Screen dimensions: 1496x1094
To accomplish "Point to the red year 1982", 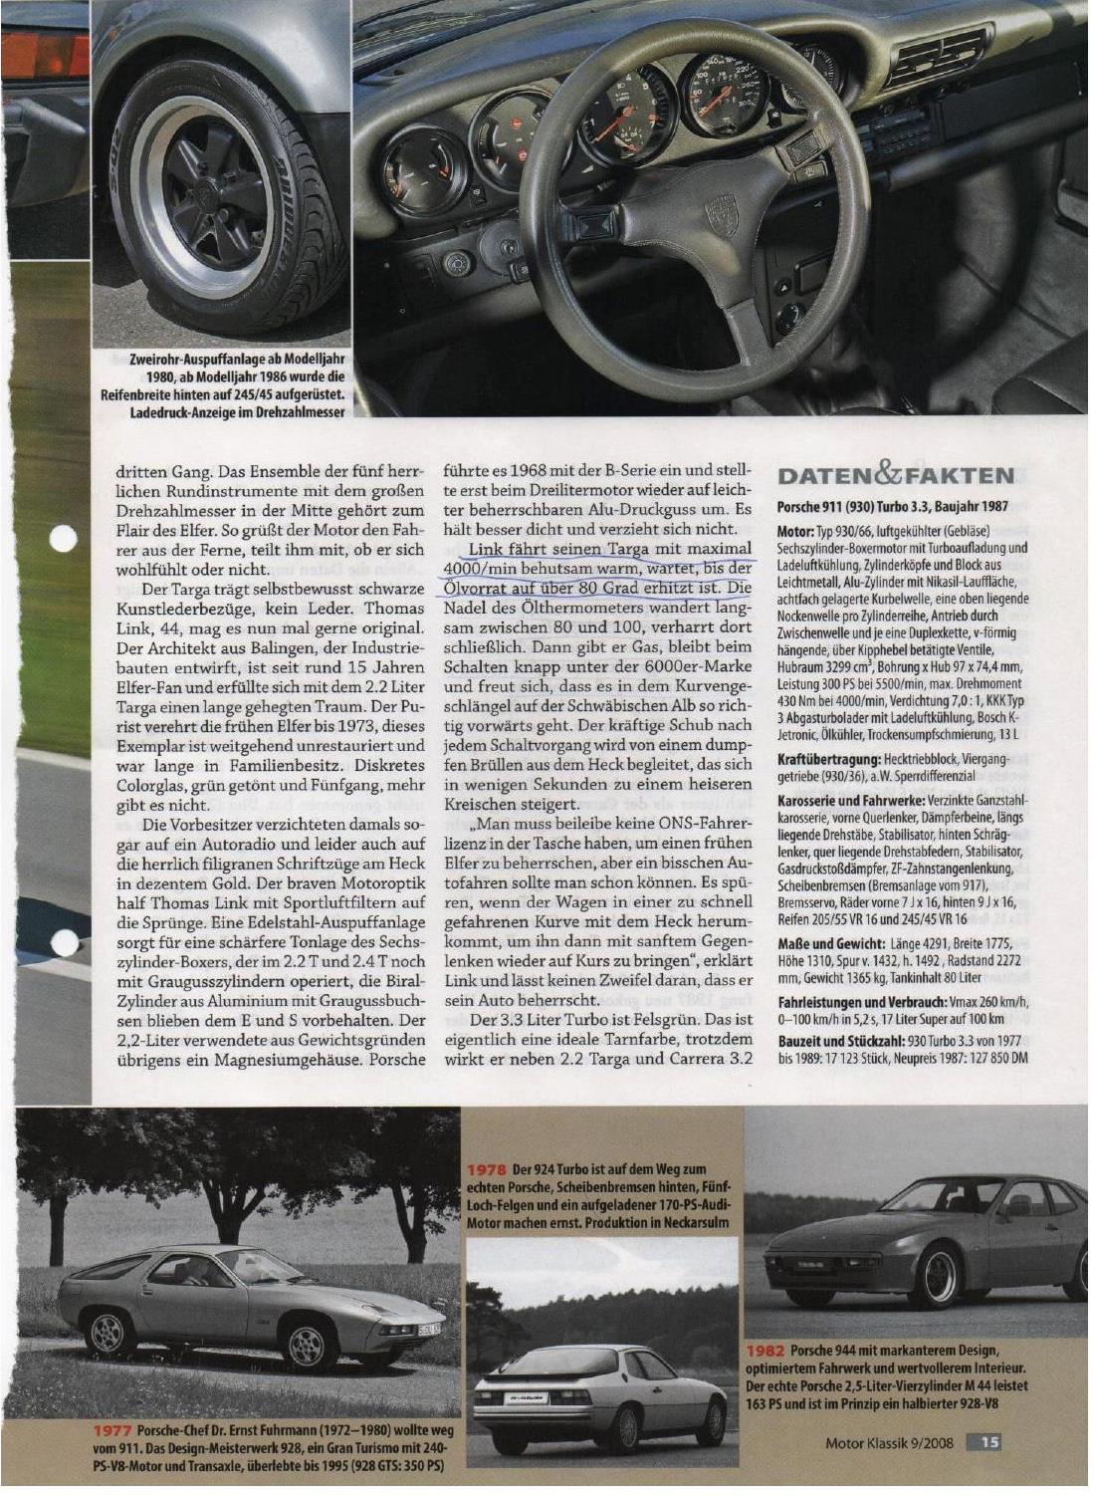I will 766,1350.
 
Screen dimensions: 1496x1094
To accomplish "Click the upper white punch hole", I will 63,539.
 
